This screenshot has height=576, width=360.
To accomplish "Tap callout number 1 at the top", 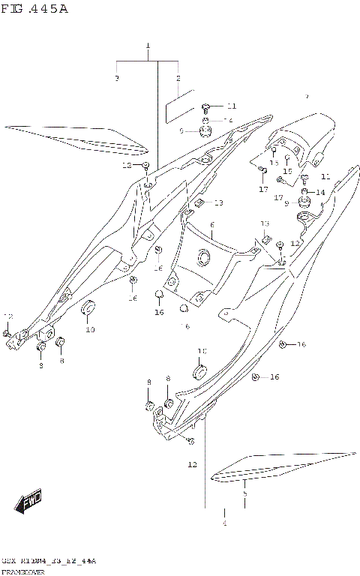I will click(x=148, y=46).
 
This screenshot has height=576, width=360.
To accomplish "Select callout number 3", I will click(x=117, y=78).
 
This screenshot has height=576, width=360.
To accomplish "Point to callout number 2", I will click(x=178, y=78).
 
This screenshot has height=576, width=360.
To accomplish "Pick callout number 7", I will click(x=306, y=97).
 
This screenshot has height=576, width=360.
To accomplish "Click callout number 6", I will click(x=212, y=225).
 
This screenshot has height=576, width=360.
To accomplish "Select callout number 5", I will click(x=244, y=495).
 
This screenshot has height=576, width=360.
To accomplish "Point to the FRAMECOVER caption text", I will click(x=22, y=571).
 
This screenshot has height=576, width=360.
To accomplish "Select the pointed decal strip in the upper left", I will click(x=71, y=138).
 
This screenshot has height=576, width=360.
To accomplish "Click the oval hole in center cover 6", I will click(x=202, y=259).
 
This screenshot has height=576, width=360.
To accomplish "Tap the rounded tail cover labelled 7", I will click(x=300, y=135).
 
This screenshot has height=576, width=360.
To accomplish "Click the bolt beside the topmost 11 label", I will click(x=205, y=107).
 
